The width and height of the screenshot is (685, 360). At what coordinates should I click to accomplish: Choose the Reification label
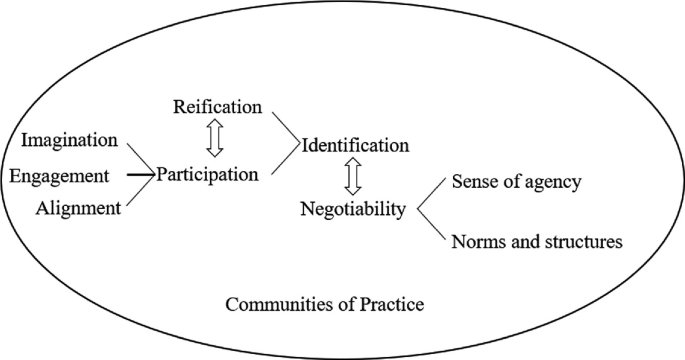coord(217,105)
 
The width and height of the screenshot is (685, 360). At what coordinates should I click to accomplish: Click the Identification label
coord(355,145)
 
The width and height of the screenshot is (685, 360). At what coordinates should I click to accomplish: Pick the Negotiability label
coord(353,209)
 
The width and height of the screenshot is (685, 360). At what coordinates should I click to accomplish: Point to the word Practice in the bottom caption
coord(394,303)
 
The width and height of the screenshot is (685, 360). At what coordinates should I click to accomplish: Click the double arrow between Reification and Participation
coord(213,140)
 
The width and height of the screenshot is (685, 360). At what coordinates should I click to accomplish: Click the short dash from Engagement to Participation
coord(141,175)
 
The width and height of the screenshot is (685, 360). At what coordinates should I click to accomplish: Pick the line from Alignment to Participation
coord(141,192)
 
